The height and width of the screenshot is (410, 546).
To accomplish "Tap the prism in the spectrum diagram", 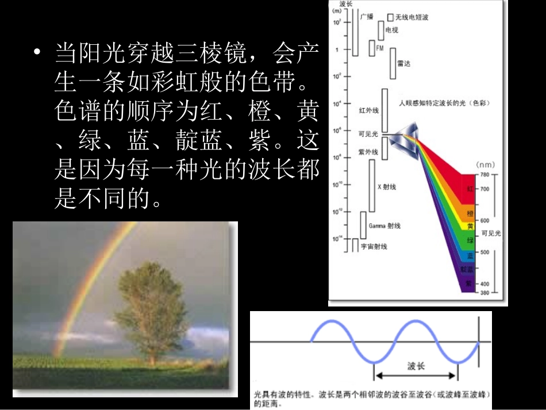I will (x=405, y=136).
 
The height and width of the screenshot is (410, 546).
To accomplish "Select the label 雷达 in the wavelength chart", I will (x=404, y=63).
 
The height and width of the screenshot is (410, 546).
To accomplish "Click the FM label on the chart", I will (x=379, y=48).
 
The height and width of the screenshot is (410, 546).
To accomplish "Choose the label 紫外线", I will (x=368, y=152).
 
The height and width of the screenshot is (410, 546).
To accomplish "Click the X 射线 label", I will (x=386, y=187).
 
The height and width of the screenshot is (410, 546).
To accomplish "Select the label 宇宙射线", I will (x=374, y=246).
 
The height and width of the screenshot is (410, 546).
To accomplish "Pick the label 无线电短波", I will (x=412, y=18).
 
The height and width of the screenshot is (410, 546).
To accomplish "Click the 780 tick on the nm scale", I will (x=485, y=174).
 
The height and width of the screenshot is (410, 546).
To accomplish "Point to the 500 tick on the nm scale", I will (x=485, y=252).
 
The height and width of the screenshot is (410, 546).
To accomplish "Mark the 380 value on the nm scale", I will (x=485, y=293).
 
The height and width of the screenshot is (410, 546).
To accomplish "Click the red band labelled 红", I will (x=470, y=189).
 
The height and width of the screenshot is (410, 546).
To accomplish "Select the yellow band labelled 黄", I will (x=470, y=226).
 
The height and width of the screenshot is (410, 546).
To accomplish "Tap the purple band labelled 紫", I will (x=469, y=283).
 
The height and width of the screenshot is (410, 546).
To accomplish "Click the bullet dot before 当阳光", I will (x=38, y=53).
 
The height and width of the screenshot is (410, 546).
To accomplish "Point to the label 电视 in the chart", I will (x=391, y=30).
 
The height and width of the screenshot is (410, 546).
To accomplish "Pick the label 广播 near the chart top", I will (x=366, y=17).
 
